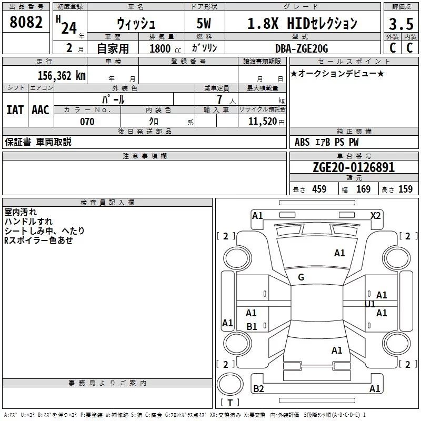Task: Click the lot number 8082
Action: click(x=26, y=23)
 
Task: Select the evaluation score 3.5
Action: click(x=400, y=25)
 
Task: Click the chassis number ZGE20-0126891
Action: click(x=354, y=167)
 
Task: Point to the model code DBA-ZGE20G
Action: click(x=302, y=49)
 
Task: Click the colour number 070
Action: click(x=87, y=122)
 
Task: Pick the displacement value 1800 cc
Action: click(x=163, y=49)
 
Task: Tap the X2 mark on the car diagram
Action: click(x=376, y=215)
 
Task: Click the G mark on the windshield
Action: click(x=300, y=277)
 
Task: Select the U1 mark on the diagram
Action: click(x=370, y=304)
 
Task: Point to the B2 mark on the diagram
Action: click(x=258, y=389)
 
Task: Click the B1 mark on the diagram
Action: click(x=252, y=327)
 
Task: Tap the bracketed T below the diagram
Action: click(x=229, y=403)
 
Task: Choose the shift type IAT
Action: click(x=15, y=110)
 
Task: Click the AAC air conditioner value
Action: click(x=41, y=110)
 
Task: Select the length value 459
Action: click(x=319, y=189)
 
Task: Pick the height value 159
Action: click(x=405, y=189)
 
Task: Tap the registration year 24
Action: click(x=69, y=27)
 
